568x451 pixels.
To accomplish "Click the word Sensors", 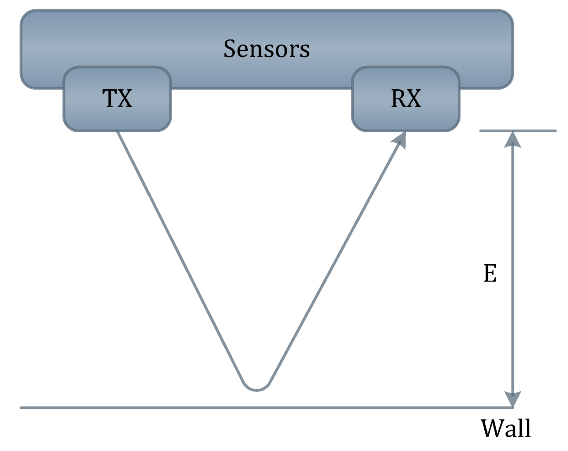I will pyautogui.click(x=266, y=49).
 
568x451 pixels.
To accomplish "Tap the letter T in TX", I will pyautogui.click(x=110, y=98).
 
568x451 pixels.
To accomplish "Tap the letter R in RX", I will pyautogui.click(x=398, y=98).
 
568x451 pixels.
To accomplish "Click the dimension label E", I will pyautogui.click(x=490, y=273).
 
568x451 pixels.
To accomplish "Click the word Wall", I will pyautogui.click(x=506, y=429).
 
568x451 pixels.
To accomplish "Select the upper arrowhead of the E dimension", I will pyautogui.click(x=513, y=139).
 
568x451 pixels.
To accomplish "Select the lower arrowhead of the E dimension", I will pyautogui.click(x=513, y=399).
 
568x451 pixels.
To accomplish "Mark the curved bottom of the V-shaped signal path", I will pyautogui.click(x=256, y=389).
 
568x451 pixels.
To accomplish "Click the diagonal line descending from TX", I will pyautogui.click(x=179, y=256).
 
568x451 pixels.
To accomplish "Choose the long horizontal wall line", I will pyautogui.click(x=229, y=407).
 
